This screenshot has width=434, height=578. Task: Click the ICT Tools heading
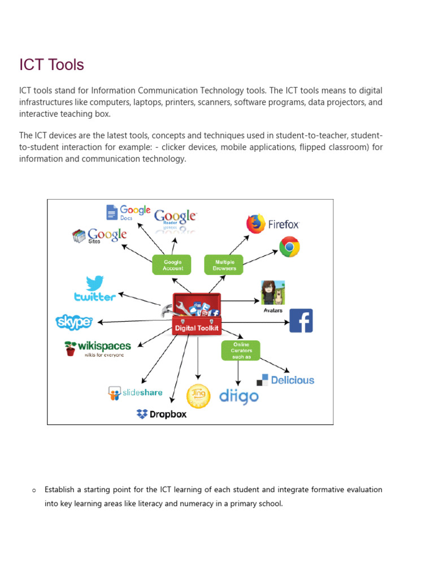tap(51, 65)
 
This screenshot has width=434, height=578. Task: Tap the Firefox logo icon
tap(255, 224)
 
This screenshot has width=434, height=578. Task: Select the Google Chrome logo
tap(289, 247)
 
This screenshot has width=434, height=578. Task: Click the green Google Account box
tap(172, 265)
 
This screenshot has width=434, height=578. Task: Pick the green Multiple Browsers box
tap(224, 265)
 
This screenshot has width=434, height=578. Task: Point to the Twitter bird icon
tap(94, 284)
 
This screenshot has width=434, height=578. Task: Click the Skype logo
tap(74, 322)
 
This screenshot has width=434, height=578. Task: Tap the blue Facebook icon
tap(301, 321)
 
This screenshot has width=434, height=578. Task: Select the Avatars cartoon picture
tap(272, 292)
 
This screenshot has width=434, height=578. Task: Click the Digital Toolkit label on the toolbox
tap(196, 328)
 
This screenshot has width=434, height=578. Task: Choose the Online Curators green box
tap(241, 351)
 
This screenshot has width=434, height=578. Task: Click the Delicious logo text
tap(292, 380)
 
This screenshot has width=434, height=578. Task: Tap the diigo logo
tap(238, 396)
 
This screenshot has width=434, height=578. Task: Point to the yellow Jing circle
tap(198, 396)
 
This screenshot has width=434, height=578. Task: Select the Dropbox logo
tap(162, 414)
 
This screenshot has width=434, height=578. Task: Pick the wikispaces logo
tap(97, 347)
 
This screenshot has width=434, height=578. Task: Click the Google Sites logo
tap(99, 235)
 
